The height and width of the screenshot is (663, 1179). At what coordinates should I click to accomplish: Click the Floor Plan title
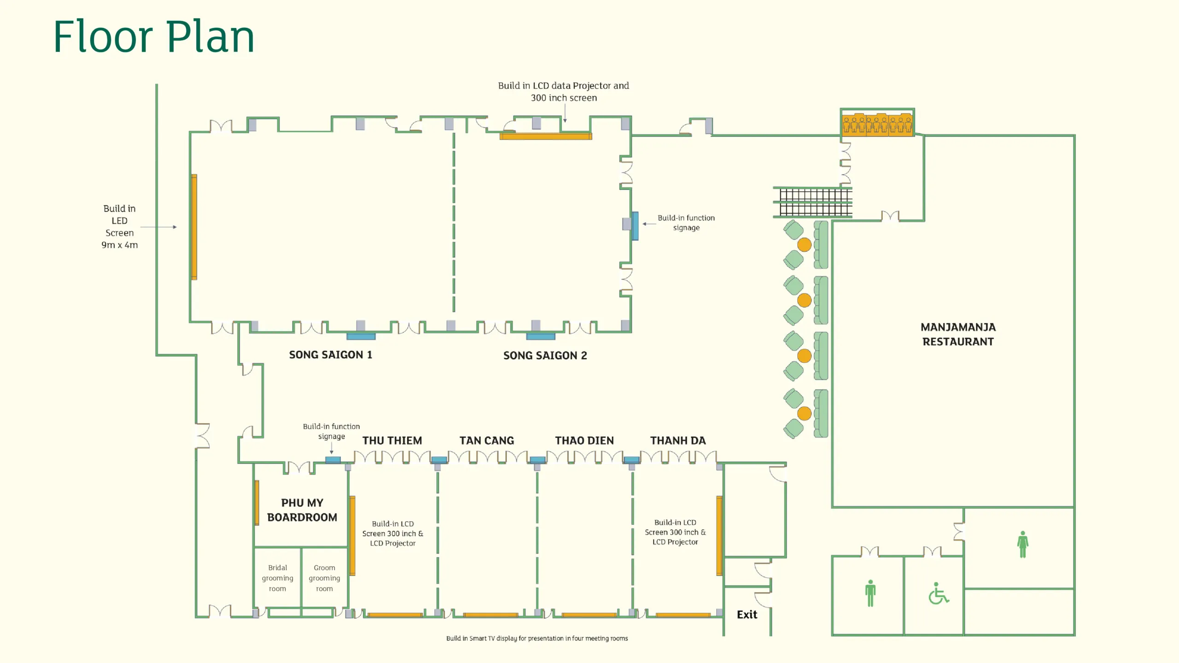tap(154, 37)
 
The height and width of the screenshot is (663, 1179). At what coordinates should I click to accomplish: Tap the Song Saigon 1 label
tap(331, 355)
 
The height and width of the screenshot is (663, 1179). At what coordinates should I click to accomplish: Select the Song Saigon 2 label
tap(545, 355)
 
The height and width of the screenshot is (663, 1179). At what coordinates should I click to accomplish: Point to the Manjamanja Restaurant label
tap(958, 334)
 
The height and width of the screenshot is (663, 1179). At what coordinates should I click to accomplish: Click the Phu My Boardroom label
tap(302, 510)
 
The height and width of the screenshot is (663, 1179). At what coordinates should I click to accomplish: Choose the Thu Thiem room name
tap(392, 441)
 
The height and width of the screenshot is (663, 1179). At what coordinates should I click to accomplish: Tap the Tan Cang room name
tap(487, 441)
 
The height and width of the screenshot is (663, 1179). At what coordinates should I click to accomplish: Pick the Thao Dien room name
tap(584, 441)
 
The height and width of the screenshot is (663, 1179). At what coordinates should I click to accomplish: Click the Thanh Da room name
tap(678, 441)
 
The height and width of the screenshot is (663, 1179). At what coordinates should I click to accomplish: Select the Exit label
tap(747, 615)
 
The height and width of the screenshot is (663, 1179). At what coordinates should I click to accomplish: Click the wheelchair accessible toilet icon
tap(939, 593)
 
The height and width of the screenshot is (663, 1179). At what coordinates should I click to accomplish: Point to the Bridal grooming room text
tap(277, 578)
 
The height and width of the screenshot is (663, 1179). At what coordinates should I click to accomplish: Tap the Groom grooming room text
tap(324, 578)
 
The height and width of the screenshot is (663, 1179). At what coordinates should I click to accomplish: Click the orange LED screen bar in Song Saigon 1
tap(194, 227)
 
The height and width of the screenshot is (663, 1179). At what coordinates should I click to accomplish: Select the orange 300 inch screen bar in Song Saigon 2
tap(546, 136)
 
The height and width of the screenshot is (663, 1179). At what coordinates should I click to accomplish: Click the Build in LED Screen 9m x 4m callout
tap(120, 227)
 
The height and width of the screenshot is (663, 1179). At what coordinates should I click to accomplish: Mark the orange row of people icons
tap(877, 124)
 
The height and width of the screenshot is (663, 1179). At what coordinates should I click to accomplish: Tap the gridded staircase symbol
tap(813, 202)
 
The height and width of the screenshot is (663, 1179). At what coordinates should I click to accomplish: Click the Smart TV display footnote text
tap(537, 639)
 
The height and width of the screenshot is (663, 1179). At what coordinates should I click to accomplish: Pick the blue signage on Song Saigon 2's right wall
tap(635, 226)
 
